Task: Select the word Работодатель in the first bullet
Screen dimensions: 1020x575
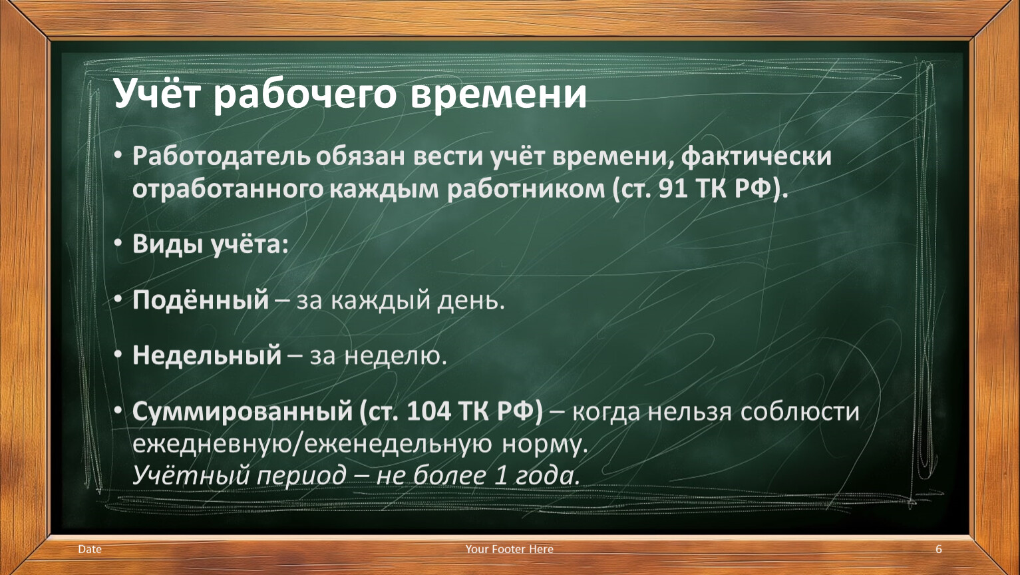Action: click(222, 156)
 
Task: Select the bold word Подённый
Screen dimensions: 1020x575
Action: click(201, 299)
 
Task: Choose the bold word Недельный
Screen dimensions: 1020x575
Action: click(207, 355)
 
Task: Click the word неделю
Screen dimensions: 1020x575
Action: click(395, 356)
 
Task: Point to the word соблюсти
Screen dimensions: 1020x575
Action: click(800, 411)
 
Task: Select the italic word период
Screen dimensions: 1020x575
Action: click(301, 476)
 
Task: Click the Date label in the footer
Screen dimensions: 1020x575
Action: click(90, 549)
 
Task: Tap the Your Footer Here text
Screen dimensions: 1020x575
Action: click(509, 549)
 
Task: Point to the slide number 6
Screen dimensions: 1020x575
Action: click(938, 549)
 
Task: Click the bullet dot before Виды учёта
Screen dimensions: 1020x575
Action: click(118, 244)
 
